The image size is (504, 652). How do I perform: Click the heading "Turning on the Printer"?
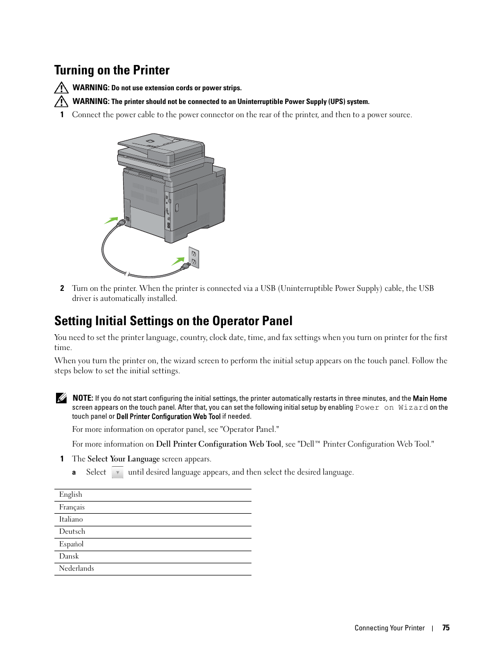pos(112,70)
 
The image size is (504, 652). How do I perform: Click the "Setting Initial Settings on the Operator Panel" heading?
pos(173,321)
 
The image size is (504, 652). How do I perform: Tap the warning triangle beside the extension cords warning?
pos(61,88)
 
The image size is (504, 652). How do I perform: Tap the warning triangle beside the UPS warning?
pos(61,101)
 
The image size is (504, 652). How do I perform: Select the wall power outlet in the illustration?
pos(194,257)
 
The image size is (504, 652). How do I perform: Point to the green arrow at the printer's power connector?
pos(111,220)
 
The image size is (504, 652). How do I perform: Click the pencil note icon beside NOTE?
pos(61,398)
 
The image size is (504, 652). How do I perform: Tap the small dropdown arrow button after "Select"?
pos(117,473)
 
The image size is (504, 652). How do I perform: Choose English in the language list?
pos(71,495)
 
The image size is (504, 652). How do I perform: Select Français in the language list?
pos(72,507)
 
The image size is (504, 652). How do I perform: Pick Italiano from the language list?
pos(71,519)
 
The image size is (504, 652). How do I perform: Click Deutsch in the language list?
pos(72,532)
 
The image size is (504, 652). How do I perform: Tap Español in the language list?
pos(71,544)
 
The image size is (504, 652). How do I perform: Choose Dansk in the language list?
pos(69,556)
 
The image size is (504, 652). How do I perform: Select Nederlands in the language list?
pos(77,569)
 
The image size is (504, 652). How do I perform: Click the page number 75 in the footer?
pos(446,628)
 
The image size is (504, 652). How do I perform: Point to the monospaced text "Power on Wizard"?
pos(391,408)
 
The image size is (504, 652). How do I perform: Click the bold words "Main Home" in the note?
pos(430,399)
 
